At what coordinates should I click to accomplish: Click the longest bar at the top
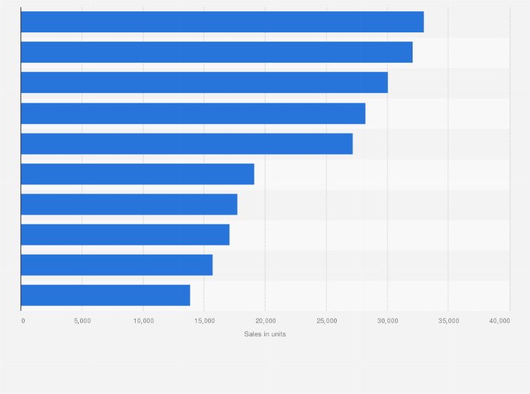coord(222,22)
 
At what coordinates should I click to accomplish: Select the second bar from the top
coord(216,52)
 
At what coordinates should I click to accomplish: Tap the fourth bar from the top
coord(193,113)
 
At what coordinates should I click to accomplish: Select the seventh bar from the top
coord(129,204)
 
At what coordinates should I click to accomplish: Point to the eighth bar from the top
coord(125,234)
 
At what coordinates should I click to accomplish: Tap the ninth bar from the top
coord(117,265)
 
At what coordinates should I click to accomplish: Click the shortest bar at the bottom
coord(105,295)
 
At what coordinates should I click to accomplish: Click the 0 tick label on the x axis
coord(23,321)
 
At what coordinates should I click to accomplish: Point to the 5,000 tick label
coord(82,321)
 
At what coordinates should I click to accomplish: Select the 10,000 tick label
coord(143,321)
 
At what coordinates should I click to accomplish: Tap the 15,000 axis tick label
coord(205,321)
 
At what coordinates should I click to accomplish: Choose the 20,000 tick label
coord(266,321)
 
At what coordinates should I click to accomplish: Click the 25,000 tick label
coord(326,321)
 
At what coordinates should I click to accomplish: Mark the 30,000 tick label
coord(387,321)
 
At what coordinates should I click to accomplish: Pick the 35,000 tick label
coord(448,321)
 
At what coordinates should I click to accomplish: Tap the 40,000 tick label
coord(500,321)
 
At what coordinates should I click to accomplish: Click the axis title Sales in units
coord(265,334)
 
